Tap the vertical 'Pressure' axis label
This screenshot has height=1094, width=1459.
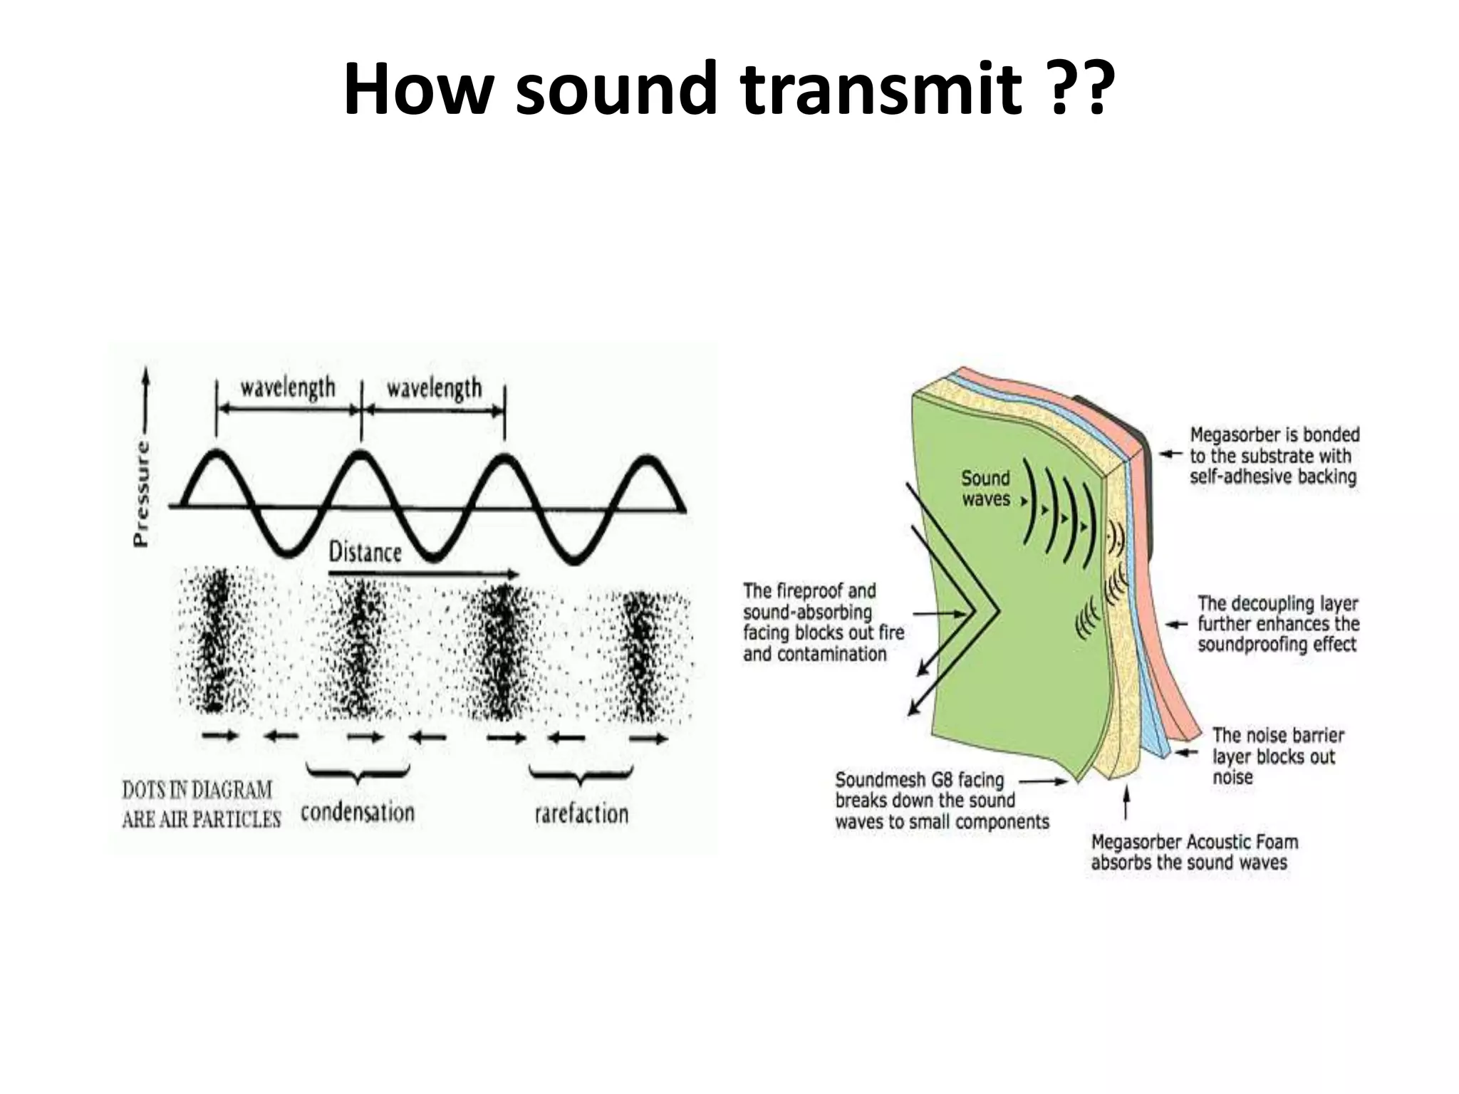[142, 494]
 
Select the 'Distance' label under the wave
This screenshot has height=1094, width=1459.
[365, 552]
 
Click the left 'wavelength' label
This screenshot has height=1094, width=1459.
[288, 388]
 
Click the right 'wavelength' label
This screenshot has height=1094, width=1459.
[434, 389]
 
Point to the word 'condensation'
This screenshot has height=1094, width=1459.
[357, 812]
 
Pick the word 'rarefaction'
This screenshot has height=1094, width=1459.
[581, 813]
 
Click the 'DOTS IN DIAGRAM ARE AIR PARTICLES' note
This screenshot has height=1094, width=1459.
[201, 805]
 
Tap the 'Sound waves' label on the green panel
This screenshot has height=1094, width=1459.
[985, 489]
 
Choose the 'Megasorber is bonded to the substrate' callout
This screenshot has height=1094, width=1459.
[1274, 456]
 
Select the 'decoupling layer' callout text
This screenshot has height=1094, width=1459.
[1278, 624]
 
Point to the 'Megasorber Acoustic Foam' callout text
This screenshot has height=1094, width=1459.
[1194, 853]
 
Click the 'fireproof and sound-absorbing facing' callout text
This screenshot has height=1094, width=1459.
[823, 622]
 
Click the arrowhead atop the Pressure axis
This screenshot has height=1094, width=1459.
[146, 375]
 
